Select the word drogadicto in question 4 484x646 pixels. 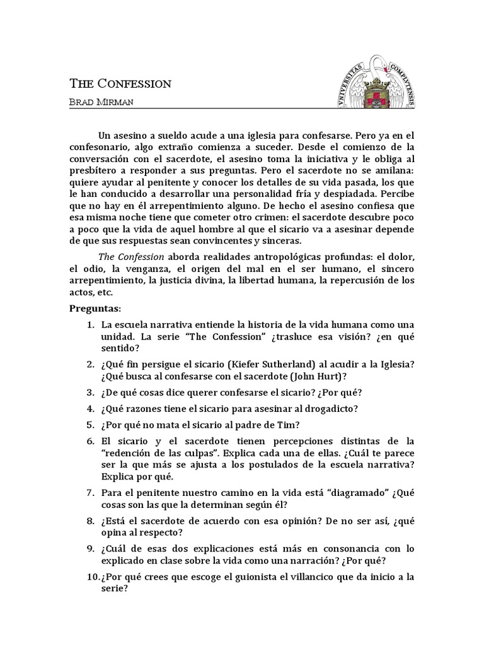pos(331,408)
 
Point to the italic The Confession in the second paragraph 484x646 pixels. pos(131,257)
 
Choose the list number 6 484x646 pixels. pos(90,439)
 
